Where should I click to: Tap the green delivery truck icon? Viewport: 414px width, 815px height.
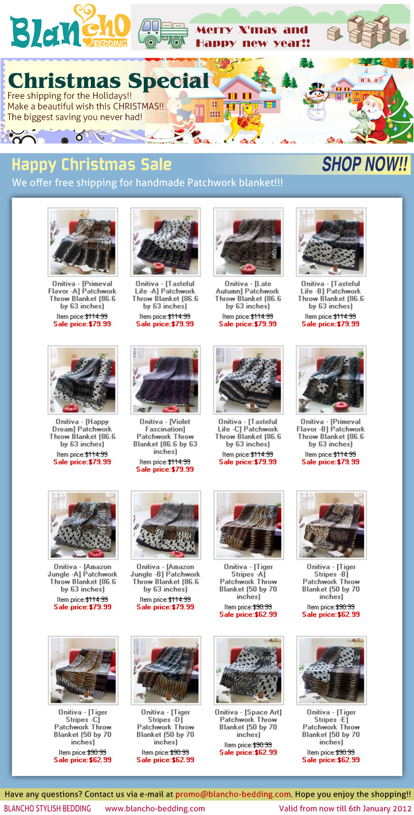pos(163,33)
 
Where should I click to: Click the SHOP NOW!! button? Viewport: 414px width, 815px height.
pos(365,164)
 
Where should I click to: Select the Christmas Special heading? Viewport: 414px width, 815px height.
pos(109,80)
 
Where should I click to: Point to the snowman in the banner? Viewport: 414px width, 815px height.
pos(316,102)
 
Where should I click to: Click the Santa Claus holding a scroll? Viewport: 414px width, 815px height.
pos(372,117)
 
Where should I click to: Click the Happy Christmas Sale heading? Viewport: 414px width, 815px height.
pos(91,164)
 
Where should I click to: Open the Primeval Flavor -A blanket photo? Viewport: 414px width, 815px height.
pos(83,242)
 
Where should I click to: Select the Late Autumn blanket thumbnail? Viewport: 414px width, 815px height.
pos(248,242)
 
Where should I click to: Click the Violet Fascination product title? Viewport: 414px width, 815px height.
pos(165,437)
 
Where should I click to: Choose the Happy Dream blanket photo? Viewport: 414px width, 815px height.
pos(83,380)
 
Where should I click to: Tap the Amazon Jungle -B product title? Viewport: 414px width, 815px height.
pos(165,578)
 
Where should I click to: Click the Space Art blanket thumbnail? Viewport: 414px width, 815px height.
pos(248,670)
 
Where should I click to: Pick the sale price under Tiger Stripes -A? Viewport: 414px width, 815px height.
pos(248,614)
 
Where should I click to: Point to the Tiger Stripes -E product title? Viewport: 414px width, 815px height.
pos(331,727)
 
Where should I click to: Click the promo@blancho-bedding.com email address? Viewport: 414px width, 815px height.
pos(233,794)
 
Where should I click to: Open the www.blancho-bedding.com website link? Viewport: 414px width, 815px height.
pos(155,809)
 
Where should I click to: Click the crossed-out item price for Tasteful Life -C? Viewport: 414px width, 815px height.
pos(262,455)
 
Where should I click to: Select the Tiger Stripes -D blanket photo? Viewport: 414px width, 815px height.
pos(166,670)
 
